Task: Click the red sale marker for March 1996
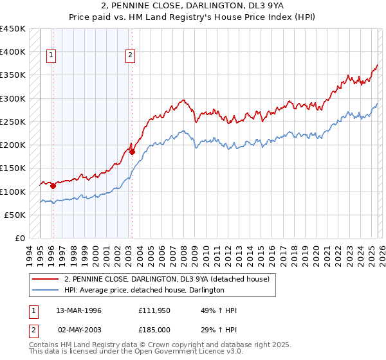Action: click(53, 186)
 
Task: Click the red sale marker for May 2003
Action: click(132, 152)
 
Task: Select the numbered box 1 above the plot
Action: click(51, 56)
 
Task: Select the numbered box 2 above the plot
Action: click(130, 56)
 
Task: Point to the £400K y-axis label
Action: click(13, 52)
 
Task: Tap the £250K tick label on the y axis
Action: click(13, 122)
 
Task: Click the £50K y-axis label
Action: click(15, 215)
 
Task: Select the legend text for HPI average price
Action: click(144, 290)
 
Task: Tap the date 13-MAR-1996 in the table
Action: click(78, 310)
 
